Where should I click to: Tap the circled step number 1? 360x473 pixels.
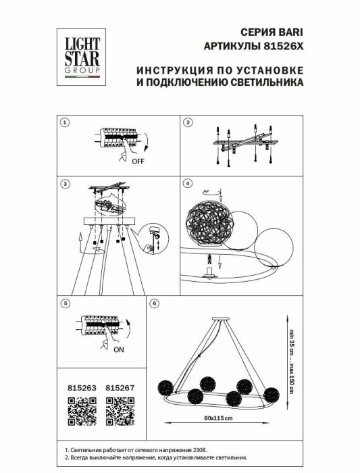click(65, 123)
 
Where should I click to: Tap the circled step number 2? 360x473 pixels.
click(188, 123)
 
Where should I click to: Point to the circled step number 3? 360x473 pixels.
click(65, 184)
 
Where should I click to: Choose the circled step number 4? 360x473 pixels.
click(188, 184)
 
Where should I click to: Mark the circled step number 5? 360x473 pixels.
click(65, 303)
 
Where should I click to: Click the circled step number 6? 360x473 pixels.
click(155, 303)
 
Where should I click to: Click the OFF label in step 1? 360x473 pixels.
click(138, 162)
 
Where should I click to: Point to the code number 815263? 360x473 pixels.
click(82, 388)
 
